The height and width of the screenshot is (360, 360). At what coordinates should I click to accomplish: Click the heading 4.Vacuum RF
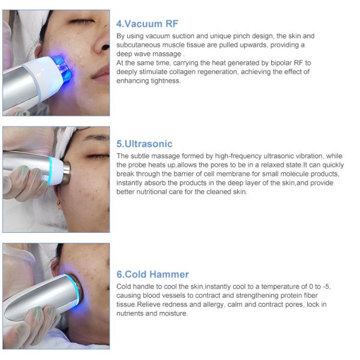[147, 24]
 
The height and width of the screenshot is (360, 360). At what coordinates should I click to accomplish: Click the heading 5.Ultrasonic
[145, 144]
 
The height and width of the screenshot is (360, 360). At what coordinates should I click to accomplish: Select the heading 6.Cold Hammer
[152, 274]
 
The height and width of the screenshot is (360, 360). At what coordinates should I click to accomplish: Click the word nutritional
[152, 192]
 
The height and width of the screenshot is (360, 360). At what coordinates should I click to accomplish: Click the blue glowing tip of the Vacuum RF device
[62, 67]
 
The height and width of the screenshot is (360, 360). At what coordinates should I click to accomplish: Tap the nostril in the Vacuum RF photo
[106, 47]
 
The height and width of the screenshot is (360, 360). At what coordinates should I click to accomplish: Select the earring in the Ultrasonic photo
[59, 203]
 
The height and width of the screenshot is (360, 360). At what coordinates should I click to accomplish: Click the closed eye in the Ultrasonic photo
[98, 157]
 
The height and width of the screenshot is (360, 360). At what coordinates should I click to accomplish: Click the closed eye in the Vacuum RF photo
[82, 22]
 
